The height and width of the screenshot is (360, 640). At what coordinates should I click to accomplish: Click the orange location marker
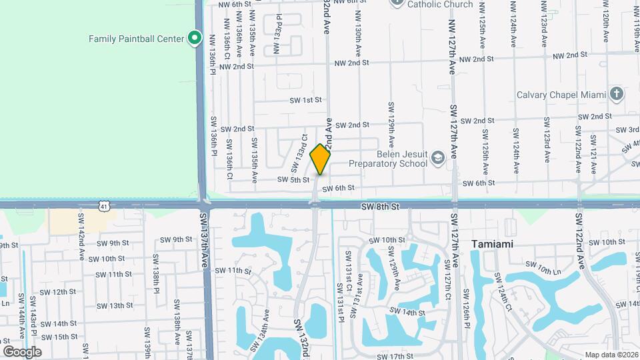pyautogui.click(x=320, y=159)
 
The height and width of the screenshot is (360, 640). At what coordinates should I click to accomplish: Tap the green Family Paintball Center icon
pyautogui.click(x=195, y=38)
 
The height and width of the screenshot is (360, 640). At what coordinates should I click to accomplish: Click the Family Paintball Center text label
pyautogui.click(x=136, y=39)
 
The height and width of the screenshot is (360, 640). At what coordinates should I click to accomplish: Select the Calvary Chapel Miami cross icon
pyautogui.click(x=617, y=94)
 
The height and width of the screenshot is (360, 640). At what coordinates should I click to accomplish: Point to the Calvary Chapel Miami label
pyautogui.click(x=561, y=95)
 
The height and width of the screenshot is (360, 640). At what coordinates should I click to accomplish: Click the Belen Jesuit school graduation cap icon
pyautogui.click(x=437, y=157)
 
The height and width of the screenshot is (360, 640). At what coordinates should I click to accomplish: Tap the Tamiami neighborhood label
pyautogui.click(x=492, y=244)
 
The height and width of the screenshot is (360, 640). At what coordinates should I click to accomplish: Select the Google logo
pyautogui.click(x=22, y=351)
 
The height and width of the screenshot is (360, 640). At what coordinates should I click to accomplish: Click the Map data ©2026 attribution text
pyautogui.click(x=611, y=355)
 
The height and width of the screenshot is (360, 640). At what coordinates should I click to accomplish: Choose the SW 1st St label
pyautogui.click(x=305, y=100)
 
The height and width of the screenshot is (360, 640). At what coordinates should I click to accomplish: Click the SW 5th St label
pyautogui.click(x=293, y=179)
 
